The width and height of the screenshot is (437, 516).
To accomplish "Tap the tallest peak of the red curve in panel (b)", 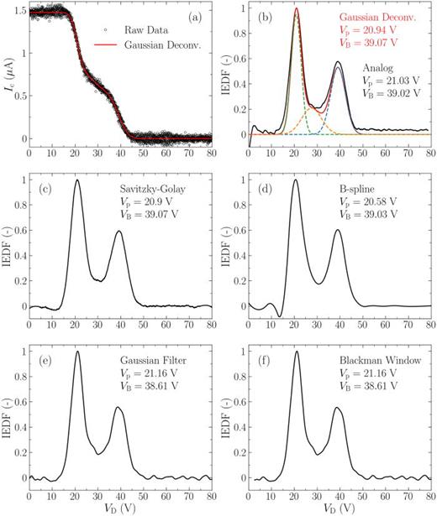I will tap(297, 9).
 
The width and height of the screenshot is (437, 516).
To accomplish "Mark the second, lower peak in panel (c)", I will tap(118, 231).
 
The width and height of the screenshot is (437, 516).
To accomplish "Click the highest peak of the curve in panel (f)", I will tap(297, 352).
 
